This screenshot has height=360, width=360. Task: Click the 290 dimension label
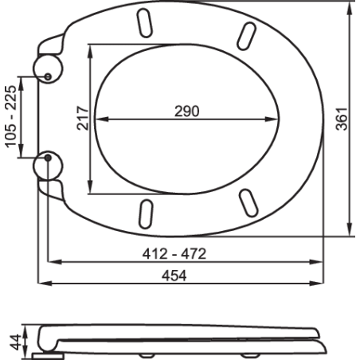pyautogui.click(x=186, y=112)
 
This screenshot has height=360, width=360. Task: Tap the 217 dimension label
pyautogui.click(x=83, y=118)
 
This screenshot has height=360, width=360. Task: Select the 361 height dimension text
pyautogui.click(x=342, y=119)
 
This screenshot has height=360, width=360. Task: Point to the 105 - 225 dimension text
pyautogui.click(x=11, y=116)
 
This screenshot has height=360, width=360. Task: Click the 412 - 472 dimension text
pyautogui.click(x=174, y=254)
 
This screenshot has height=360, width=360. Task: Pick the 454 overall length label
pyautogui.click(x=174, y=276)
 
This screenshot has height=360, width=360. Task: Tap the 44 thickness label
pyautogui.click(x=15, y=342)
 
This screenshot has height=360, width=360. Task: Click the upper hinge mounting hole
pyautogui.click(x=48, y=76)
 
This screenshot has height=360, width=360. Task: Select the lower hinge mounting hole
pyautogui.click(x=48, y=158)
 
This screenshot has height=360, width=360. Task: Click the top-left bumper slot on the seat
pyautogui.click(x=145, y=23)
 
